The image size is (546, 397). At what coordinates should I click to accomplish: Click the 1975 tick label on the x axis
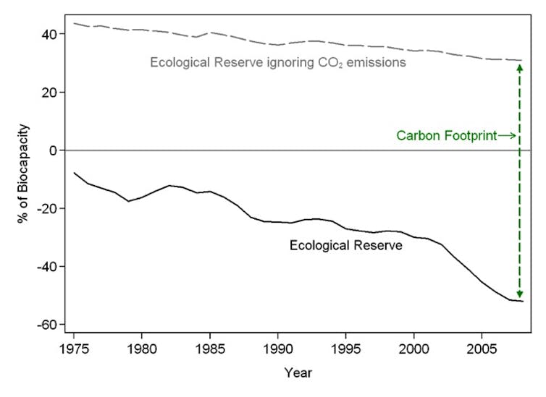pos(74,349)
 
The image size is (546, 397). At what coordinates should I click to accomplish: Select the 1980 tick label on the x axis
pos(142,349)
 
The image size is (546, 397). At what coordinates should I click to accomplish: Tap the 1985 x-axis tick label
pos(210,349)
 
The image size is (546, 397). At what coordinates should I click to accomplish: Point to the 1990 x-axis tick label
pos(278,349)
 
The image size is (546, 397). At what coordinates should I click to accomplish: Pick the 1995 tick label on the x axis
pos(346,349)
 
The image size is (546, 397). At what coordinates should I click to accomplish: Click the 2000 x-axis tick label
pos(414,349)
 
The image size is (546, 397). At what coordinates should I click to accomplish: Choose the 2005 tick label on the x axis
pos(482,349)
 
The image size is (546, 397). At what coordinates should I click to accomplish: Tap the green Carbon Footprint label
pos(446,135)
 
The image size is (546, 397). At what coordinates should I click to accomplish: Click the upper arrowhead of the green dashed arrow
pos(519,67)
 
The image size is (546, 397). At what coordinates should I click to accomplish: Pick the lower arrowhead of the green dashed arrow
pos(519,294)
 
